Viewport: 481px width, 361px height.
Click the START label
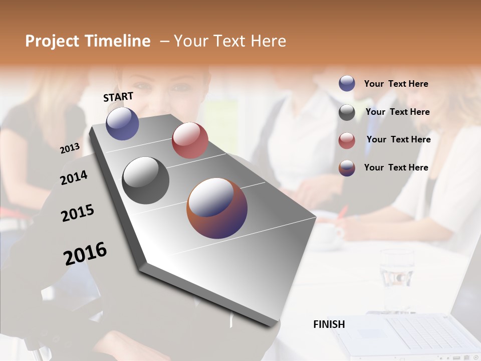coord(118,97)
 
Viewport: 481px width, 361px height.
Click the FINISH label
coord(329,324)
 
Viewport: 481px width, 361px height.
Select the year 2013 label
coord(70,148)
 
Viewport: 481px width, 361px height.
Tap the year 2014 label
coord(74,177)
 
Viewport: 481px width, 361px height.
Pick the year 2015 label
coord(78,213)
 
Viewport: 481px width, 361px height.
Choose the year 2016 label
coord(85,254)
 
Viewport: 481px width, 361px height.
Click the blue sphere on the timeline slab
coord(122,123)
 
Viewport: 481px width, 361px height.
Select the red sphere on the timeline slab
coord(190,140)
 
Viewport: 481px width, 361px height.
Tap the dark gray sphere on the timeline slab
coord(146,180)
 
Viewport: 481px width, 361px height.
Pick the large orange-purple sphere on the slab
coord(217,208)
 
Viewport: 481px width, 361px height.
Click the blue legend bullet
coord(347,84)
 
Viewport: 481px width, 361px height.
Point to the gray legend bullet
coord(347,112)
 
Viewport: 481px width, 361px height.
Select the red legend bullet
coord(347,140)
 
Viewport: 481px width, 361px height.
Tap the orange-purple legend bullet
coord(347,168)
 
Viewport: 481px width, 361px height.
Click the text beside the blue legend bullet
coord(396,84)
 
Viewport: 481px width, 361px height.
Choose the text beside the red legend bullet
coord(398,139)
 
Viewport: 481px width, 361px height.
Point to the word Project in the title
coord(52,41)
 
